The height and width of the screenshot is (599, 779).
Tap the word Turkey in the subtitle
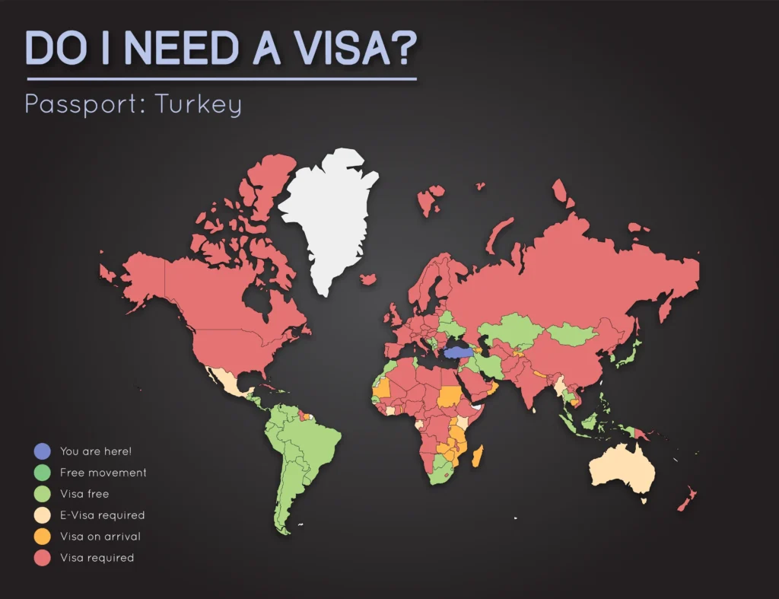click(x=199, y=104)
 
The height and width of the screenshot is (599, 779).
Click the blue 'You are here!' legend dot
click(x=43, y=451)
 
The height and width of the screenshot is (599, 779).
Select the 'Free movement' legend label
click(x=103, y=473)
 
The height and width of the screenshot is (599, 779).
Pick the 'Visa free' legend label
click(x=84, y=494)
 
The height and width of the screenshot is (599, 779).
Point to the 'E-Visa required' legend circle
click(x=43, y=515)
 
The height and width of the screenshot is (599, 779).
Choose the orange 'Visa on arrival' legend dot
click(x=43, y=537)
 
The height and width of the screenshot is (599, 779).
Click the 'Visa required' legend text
click(x=97, y=558)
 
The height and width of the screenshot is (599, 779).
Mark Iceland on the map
click(x=368, y=279)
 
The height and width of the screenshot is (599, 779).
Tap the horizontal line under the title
click(x=221, y=78)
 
